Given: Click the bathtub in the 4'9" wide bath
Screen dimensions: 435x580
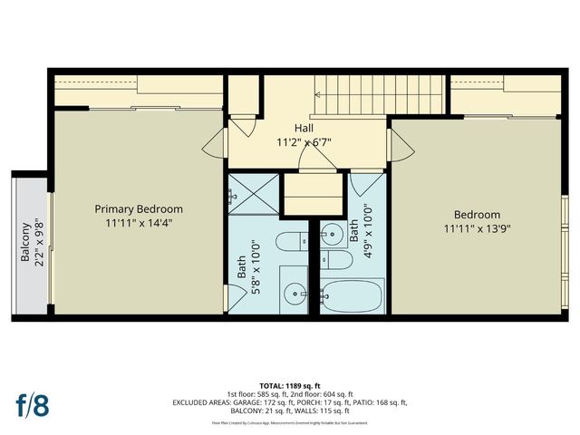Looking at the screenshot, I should tap(353, 296).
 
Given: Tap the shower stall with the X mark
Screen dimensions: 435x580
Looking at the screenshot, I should tap(253, 193).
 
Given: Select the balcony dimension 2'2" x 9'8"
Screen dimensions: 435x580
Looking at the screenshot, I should tap(38, 243).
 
